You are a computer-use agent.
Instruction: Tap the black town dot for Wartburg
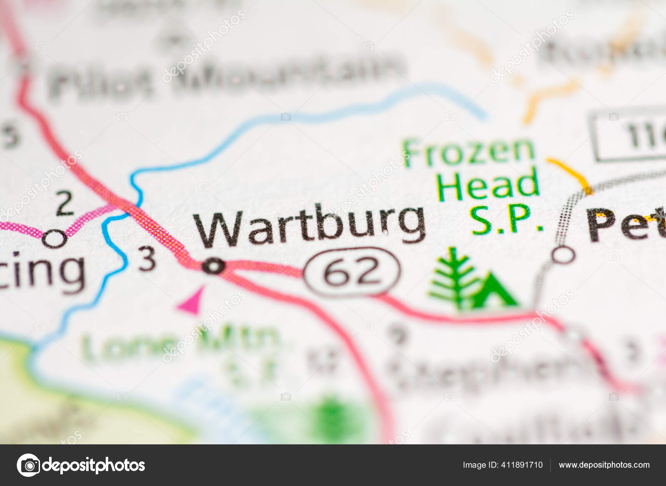214,266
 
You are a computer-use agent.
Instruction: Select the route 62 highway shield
352,272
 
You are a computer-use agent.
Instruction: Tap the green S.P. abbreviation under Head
507,219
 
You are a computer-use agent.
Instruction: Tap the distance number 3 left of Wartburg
147,259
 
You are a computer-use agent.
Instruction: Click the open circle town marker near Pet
564,254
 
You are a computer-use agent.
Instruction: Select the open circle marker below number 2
55,239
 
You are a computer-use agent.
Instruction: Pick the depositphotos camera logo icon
29,465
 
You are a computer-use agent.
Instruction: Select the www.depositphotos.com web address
604,465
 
